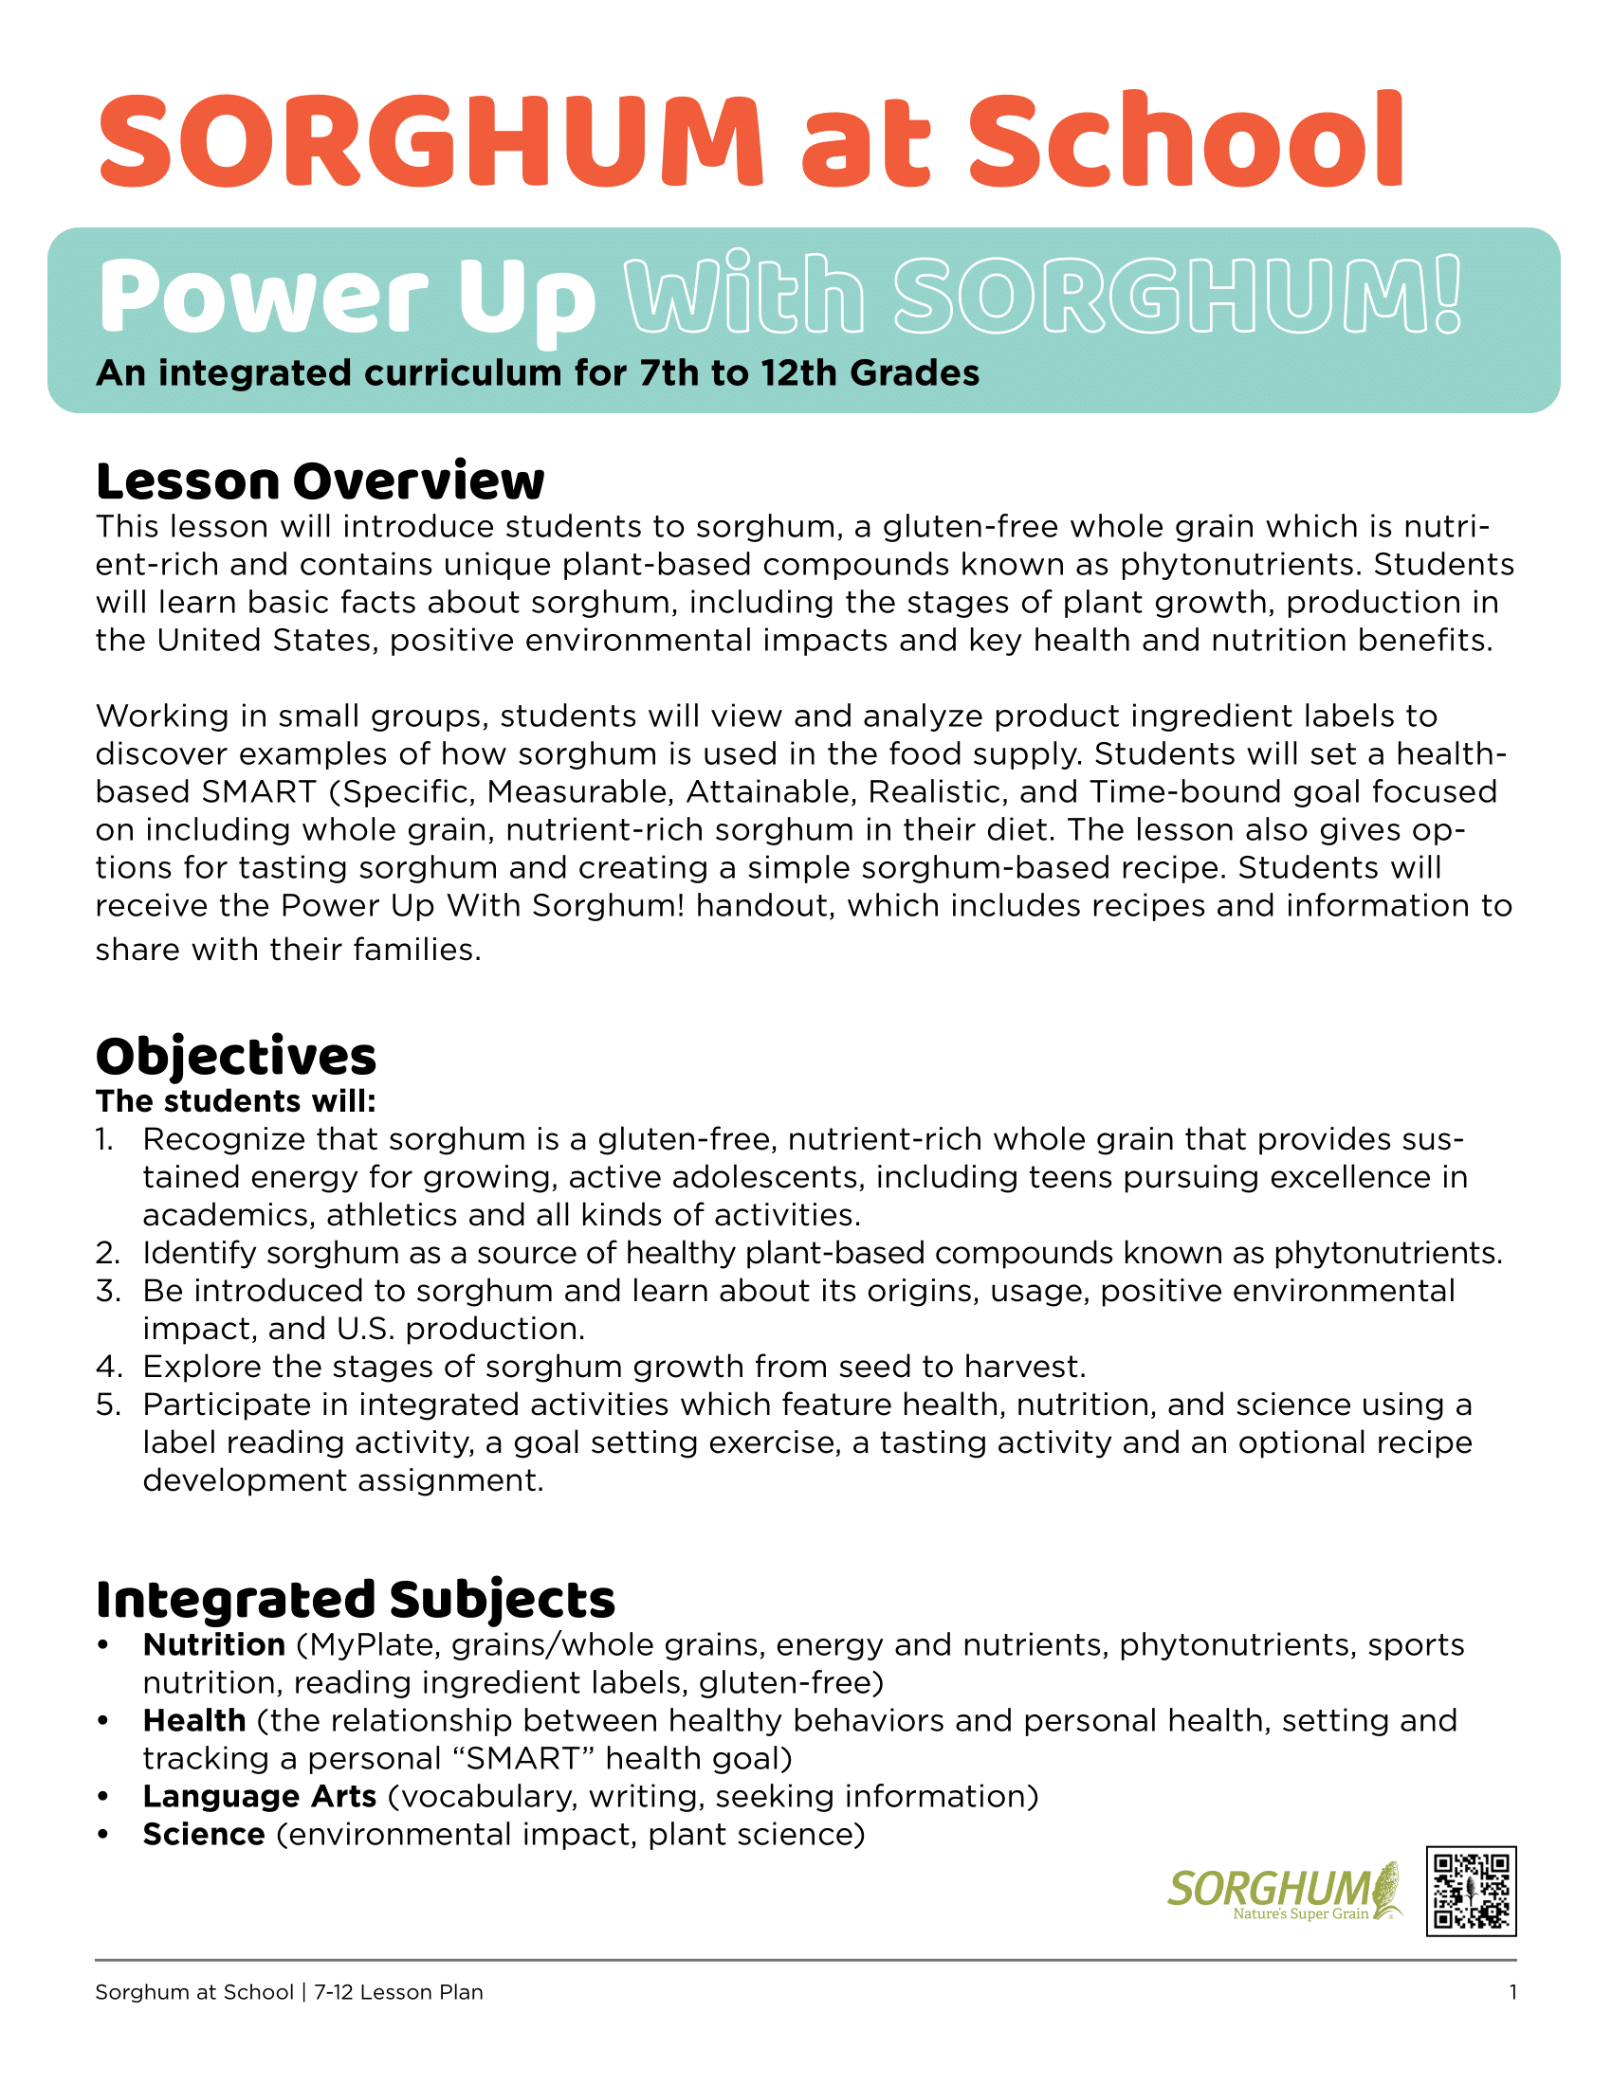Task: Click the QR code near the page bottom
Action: click(x=1471, y=1892)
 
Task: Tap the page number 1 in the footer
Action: click(x=1512, y=1992)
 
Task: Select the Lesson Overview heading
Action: click(x=320, y=481)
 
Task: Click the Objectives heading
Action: click(x=236, y=1057)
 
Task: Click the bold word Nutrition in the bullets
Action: click(x=214, y=1645)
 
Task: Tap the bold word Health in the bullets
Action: click(x=194, y=1720)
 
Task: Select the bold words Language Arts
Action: click(x=260, y=1796)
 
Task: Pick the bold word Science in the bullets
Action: click(x=204, y=1834)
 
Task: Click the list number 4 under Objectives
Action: click(x=107, y=1367)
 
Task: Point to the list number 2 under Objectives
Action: click(x=107, y=1253)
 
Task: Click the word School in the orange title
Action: click(x=1186, y=141)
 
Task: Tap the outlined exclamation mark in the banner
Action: click(x=1449, y=294)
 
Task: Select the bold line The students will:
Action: click(x=236, y=1101)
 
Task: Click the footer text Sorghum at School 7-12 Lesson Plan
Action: click(x=288, y=1992)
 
